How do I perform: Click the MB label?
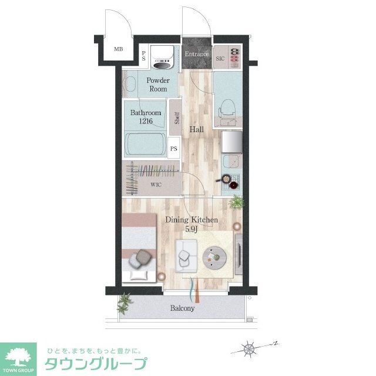119,49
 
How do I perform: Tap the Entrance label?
196,55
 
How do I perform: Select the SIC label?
220,58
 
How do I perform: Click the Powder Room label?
157,85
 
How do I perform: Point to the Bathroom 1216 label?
146,117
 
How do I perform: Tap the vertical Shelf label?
176,118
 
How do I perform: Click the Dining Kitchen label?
192,220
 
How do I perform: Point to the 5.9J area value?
192,229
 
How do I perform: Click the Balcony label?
182,308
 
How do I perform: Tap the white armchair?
186,256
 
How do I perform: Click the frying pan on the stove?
225,179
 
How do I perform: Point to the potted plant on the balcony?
125,303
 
